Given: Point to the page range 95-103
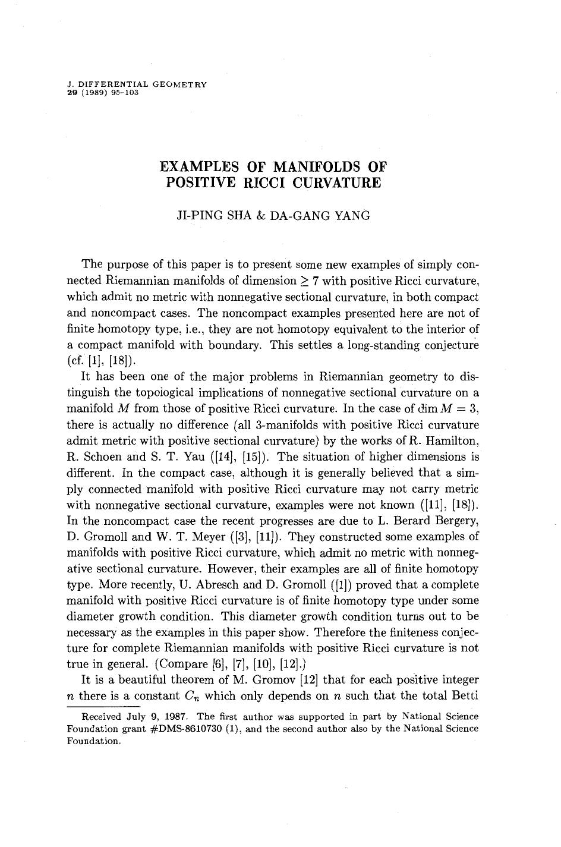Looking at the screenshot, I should coord(125,93).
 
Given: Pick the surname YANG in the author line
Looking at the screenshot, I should coord(351,216).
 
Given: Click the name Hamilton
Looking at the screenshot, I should coord(456,441).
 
